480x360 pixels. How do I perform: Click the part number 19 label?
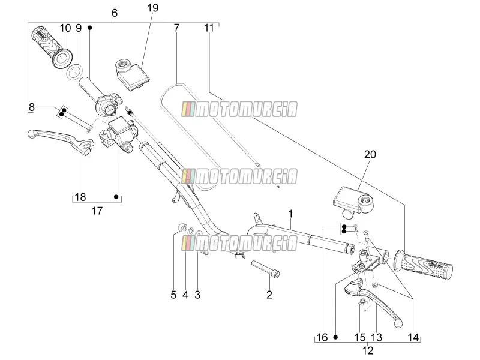152,8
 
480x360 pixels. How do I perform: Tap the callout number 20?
370,154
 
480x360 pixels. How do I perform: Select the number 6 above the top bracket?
115,13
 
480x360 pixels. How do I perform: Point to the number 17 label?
97,211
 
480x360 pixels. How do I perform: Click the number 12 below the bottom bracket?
368,350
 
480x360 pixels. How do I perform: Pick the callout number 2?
269,295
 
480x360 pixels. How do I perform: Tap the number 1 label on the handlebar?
290,214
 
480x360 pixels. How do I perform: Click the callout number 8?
32,107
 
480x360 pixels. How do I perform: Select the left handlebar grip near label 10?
52,47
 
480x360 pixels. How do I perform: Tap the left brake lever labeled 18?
61,140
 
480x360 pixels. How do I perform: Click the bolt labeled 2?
265,269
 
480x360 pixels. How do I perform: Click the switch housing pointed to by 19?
132,74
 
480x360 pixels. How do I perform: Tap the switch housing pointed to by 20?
352,200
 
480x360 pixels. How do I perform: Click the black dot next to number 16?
335,337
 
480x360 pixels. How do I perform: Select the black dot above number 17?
116,197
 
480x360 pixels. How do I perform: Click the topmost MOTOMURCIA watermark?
239,109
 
